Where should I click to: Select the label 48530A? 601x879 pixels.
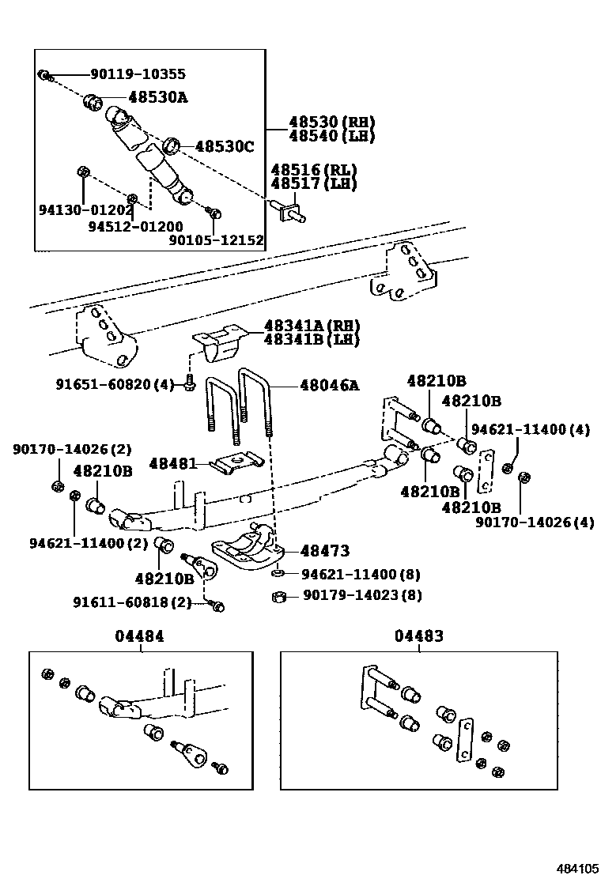[x=159, y=97]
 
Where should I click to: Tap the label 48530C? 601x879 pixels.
[x=225, y=146]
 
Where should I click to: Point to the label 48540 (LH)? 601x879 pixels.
[x=331, y=136]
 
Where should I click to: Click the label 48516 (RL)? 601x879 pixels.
[x=314, y=170]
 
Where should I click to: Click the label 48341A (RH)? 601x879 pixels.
[x=312, y=326]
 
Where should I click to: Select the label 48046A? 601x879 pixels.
[x=329, y=386]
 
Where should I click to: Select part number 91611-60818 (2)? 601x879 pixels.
[x=121, y=602]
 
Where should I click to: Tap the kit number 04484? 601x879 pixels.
[x=142, y=636]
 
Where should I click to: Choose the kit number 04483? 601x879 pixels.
[x=419, y=636]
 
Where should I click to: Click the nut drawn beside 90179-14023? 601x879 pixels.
[x=278, y=596]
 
